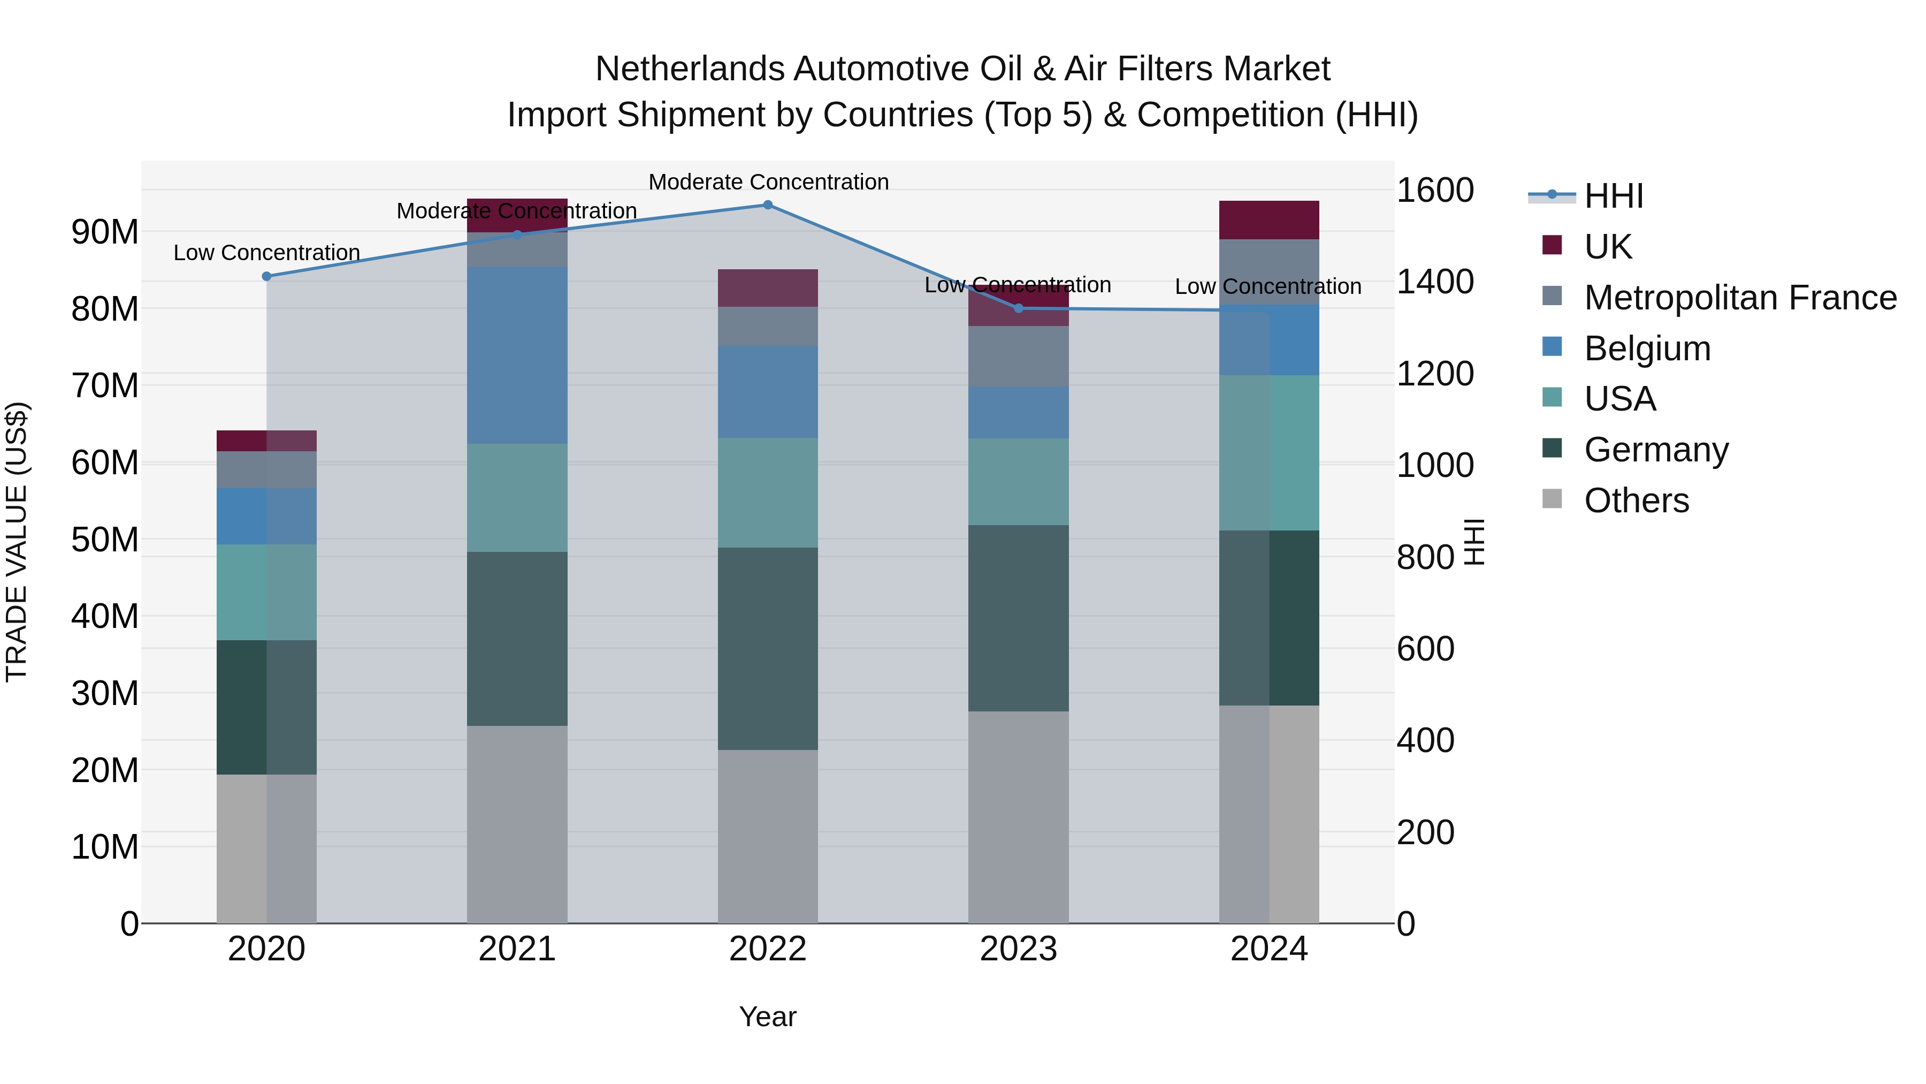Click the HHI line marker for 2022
[768, 205]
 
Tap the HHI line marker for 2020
[267, 277]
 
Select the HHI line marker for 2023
[1018, 309]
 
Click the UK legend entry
[1608, 247]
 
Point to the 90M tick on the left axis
[105, 232]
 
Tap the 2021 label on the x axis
[517, 949]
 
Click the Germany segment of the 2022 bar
[768, 649]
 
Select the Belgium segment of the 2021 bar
[517, 355]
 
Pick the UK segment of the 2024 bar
[1269, 220]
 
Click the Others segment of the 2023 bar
[1018, 817]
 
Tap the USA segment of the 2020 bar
[267, 593]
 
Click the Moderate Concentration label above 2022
[768, 182]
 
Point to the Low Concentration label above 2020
[267, 253]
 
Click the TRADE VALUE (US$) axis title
[17, 542]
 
